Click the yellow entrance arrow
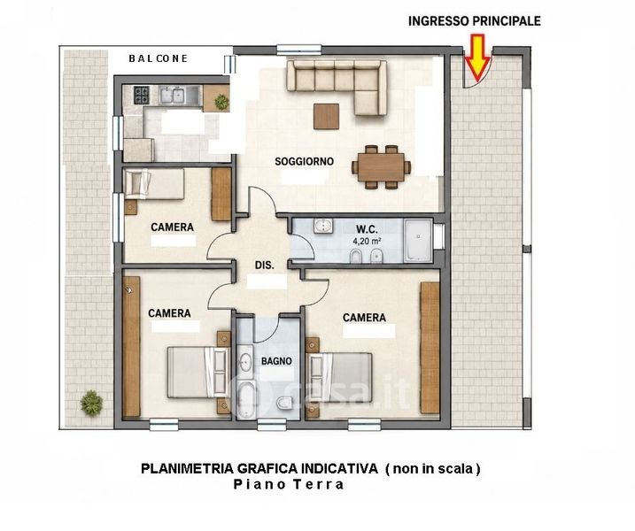point(477,57)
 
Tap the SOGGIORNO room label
point(304,161)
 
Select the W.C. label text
point(368,229)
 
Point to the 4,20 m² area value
point(368,242)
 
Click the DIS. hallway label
point(265,265)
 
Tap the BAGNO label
point(276,361)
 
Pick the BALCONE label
point(158,58)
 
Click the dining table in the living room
point(381,167)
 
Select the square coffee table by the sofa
point(326,116)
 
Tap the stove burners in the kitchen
point(142,96)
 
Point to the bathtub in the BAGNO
point(246,400)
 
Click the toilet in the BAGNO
point(285,403)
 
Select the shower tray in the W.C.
point(418,241)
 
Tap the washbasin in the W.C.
point(323,227)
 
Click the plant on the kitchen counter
point(221,102)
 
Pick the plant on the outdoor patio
point(91,403)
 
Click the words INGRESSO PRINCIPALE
point(474,21)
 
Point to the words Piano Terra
point(289,484)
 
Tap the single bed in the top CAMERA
point(154,184)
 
